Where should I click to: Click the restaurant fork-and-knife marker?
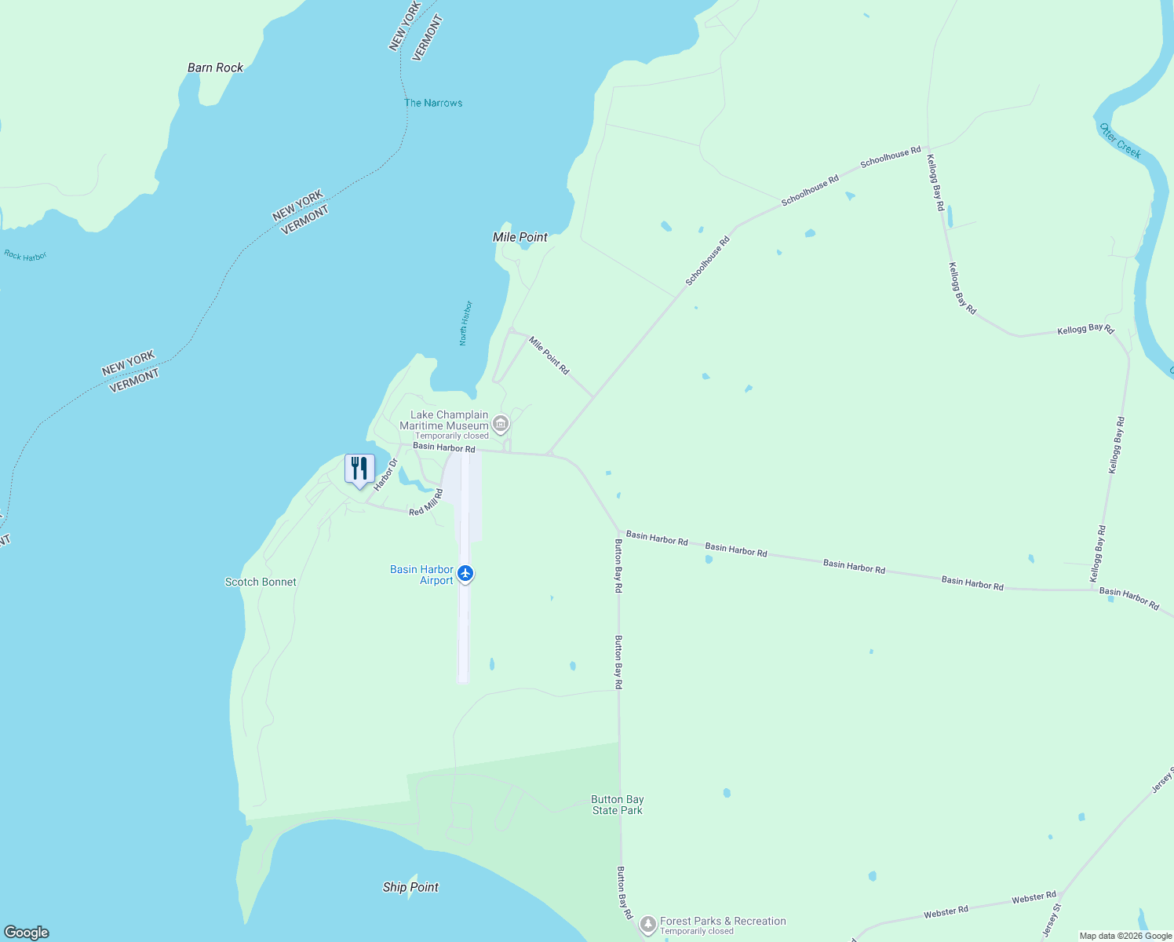[x=359, y=469]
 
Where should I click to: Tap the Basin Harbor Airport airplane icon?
[x=465, y=574]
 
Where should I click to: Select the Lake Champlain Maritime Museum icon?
[x=501, y=425]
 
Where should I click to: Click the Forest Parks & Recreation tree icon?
[x=647, y=925]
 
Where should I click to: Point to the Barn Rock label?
[x=215, y=68]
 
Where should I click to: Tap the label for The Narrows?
[x=433, y=103]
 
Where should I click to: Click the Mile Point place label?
[x=520, y=237]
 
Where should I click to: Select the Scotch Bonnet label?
[x=261, y=582]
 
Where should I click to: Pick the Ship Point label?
[x=410, y=887]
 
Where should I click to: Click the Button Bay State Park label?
[x=618, y=805]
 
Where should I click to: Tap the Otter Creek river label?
[x=1121, y=141]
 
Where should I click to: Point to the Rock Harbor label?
[x=25, y=256]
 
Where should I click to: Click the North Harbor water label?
[x=465, y=323]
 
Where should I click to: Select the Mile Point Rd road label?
[x=549, y=355]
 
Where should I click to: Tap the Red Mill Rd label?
[x=426, y=502]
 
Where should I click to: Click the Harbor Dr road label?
[x=386, y=474]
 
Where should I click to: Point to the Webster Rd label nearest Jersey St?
[x=1034, y=896]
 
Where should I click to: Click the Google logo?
[x=27, y=932]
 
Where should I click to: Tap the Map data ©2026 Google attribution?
[x=1125, y=936]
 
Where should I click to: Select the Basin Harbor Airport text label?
[x=422, y=575]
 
